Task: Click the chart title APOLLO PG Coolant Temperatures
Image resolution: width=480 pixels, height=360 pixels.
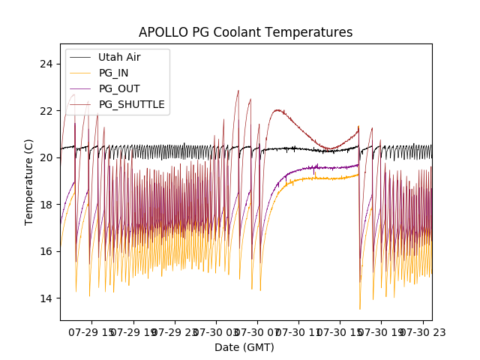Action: click(x=245, y=32)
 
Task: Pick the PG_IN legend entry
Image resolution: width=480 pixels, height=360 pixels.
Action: click(x=113, y=73)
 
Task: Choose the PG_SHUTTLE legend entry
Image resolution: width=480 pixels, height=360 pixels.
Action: click(x=131, y=104)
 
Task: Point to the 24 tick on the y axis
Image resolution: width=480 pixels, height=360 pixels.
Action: click(x=46, y=64)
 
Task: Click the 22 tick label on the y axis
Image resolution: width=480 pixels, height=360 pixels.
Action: click(x=46, y=111)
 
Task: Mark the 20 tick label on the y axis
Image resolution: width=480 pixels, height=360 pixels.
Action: click(x=46, y=157)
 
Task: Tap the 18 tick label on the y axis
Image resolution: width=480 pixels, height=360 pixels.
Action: click(x=46, y=205)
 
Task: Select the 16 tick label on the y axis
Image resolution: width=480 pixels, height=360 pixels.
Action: click(x=46, y=251)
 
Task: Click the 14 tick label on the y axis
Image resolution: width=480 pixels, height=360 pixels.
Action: click(x=46, y=298)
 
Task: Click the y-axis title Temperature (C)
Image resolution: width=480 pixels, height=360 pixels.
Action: click(x=29, y=182)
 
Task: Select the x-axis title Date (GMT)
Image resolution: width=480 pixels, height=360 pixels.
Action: click(x=244, y=347)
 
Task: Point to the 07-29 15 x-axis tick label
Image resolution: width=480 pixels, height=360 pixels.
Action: click(x=93, y=331)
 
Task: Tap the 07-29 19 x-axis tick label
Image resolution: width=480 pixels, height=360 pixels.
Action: click(x=134, y=331)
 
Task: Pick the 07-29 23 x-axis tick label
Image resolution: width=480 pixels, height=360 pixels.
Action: click(x=175, y=331)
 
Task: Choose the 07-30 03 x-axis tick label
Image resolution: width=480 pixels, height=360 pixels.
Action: click(x=217, y=331)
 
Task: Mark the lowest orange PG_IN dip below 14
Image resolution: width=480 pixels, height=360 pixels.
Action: click(x=360, y=308)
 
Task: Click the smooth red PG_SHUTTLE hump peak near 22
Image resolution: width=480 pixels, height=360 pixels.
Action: click(x=278, y=110)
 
